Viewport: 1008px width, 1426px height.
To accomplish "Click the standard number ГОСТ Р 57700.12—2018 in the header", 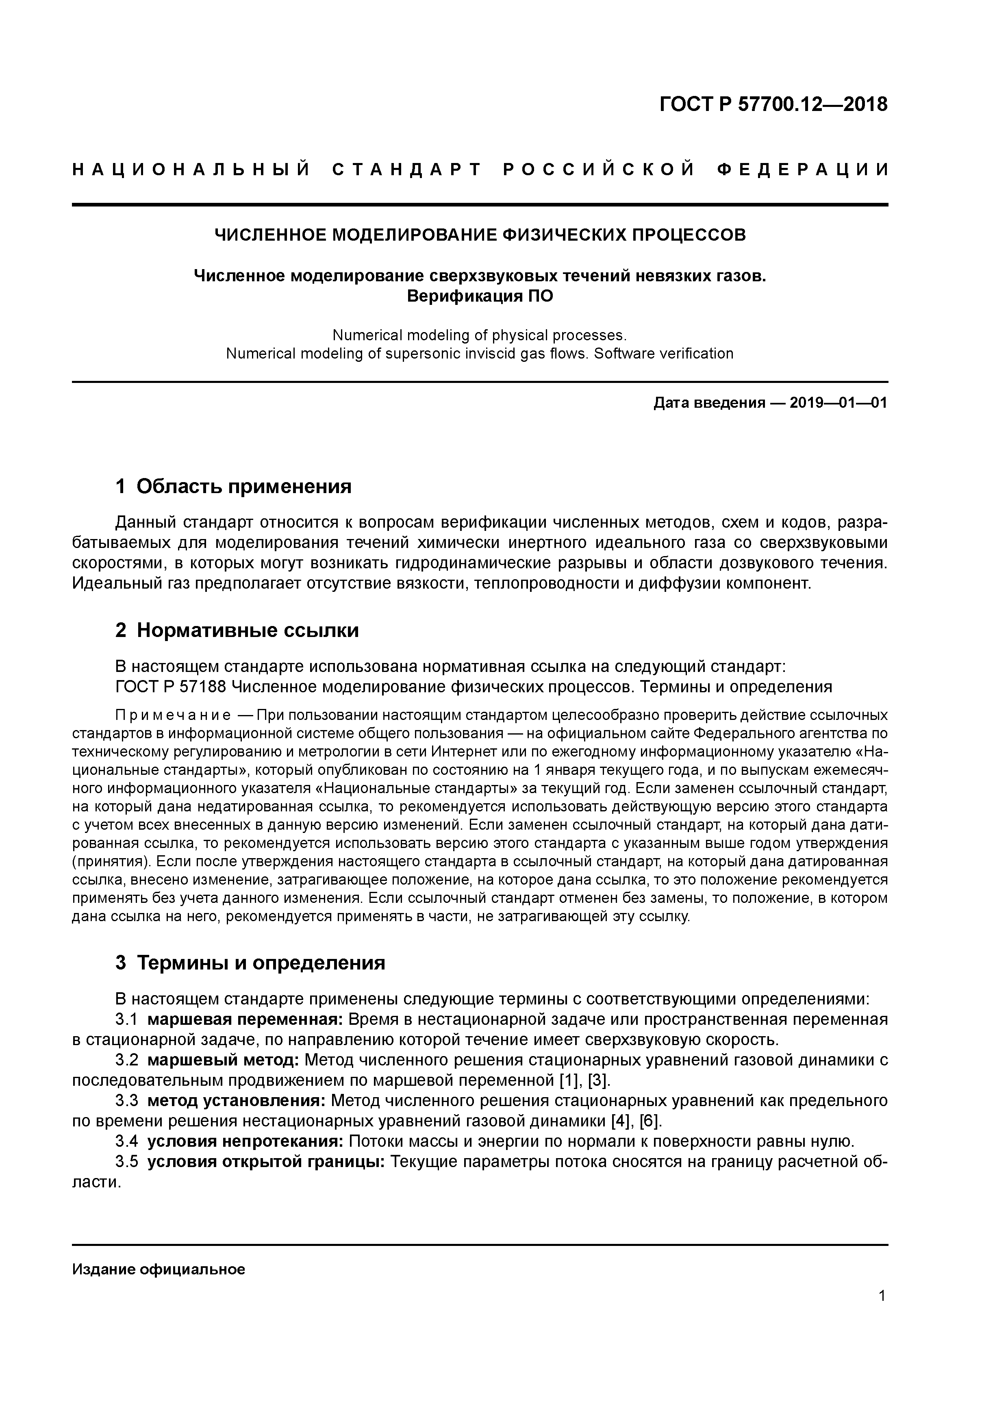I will tap(773, 105).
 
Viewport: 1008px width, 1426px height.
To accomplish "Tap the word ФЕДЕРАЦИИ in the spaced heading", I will tap(802, 170).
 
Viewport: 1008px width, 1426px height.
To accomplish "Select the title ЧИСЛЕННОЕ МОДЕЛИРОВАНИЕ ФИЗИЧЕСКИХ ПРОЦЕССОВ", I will tap(480, 235).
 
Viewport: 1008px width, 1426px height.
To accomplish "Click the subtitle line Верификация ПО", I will tap(480, 296).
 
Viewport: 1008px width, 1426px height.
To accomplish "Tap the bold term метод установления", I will tap(236, 1100).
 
